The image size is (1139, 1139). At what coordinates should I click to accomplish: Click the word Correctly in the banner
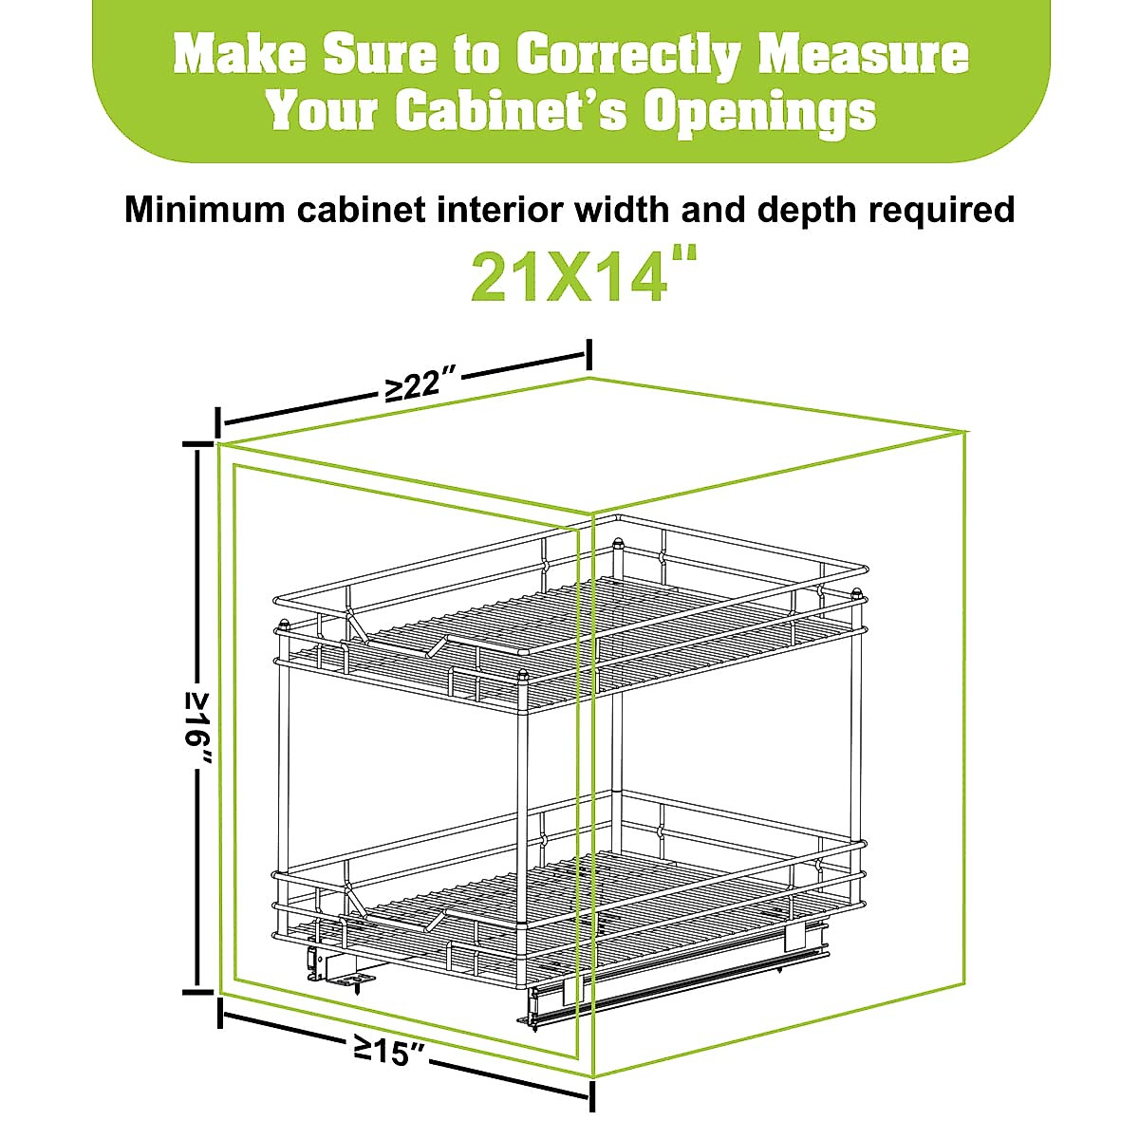tap(629, 55)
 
